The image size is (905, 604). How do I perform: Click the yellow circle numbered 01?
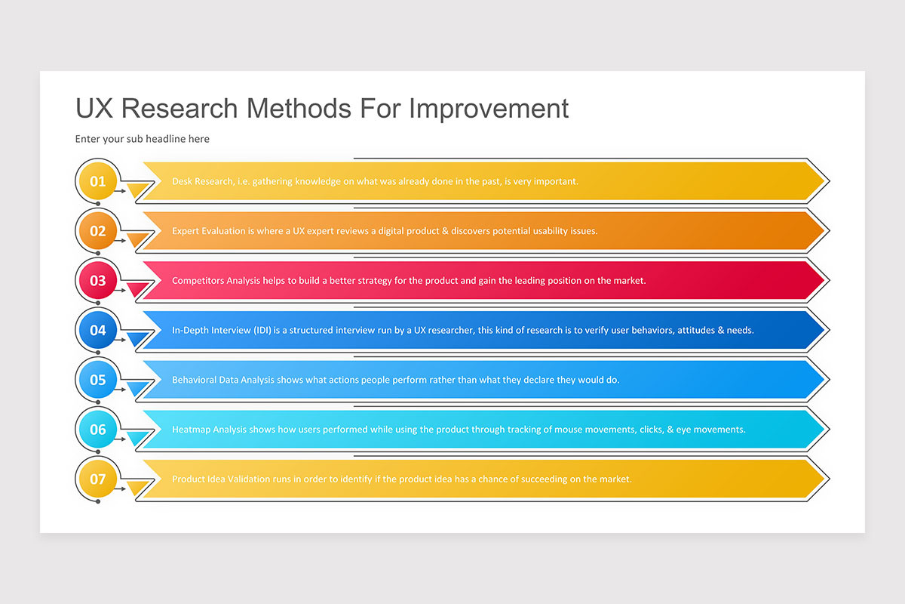click(98, 181)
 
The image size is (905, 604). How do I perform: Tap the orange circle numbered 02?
click(98, 231)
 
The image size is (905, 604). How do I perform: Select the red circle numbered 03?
click(98, 281)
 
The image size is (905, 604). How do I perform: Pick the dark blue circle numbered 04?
click(98, 330)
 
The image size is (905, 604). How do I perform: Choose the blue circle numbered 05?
click(98, 380)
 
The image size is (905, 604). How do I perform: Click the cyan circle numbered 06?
click(98, 430)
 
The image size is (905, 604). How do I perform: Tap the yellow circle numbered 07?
click(98, 479)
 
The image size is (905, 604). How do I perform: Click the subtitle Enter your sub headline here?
click(143, 139)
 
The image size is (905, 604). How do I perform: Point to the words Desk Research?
click(201, 181)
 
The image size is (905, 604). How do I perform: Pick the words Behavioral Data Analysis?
click(222, 380)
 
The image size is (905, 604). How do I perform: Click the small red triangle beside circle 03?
click(137, 288)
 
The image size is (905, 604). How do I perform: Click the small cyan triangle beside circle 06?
click(137, 437)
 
